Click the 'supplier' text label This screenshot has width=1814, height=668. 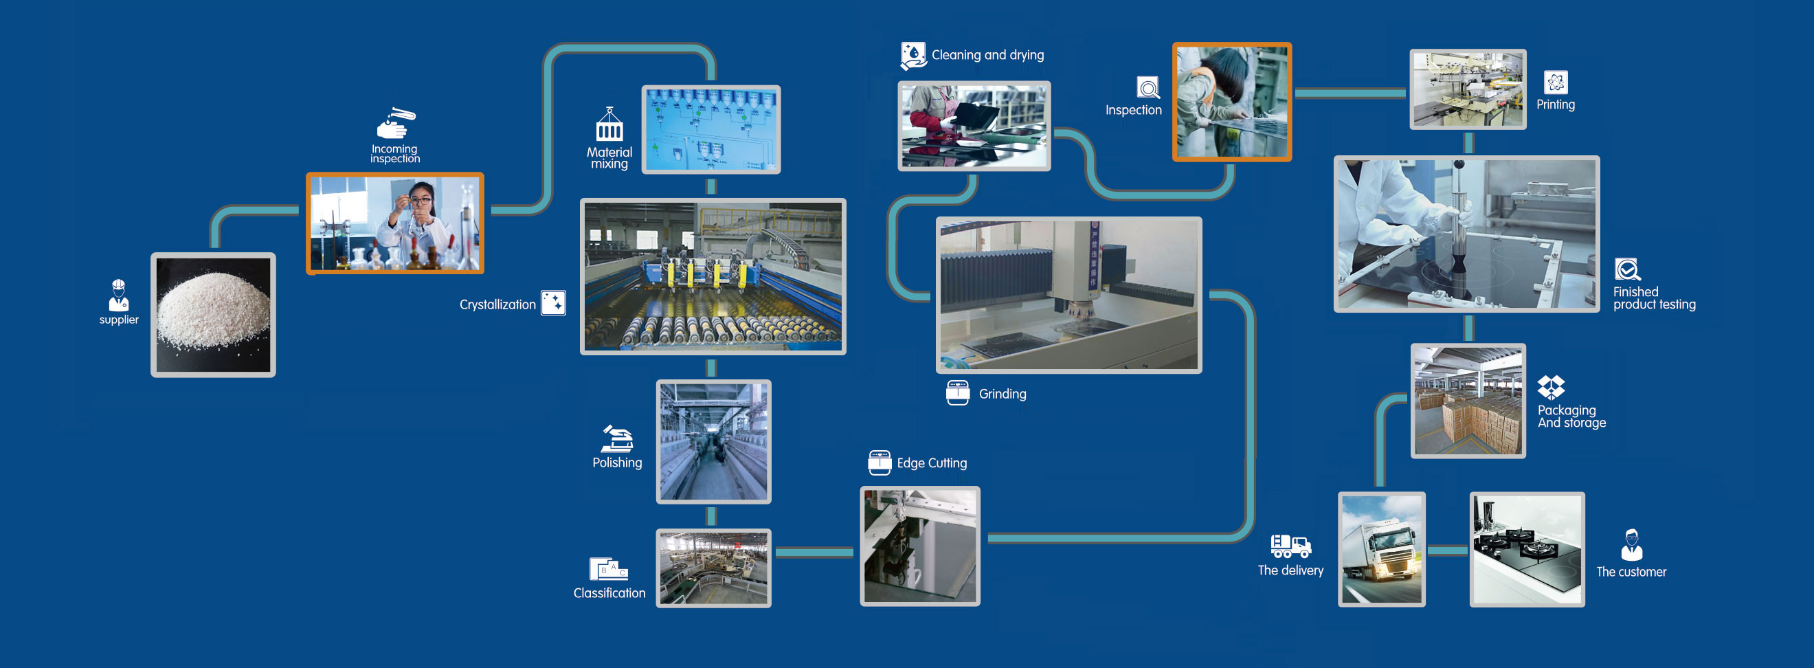coord(119,320)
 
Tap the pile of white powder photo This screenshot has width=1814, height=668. coord(214,315)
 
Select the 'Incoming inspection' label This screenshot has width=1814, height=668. coord(395,154)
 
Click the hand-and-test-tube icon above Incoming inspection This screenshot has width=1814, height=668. coord(396,122)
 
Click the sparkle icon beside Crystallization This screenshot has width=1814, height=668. coord(554,303)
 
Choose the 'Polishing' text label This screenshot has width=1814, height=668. coord(618,463)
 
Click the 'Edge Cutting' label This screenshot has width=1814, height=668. coord(932,464)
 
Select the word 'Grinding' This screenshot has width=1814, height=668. coord(1003,394)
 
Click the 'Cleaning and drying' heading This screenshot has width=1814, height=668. coord(988,55)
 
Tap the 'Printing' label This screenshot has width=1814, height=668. coord(1556,105)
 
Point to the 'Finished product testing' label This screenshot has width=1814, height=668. coord(1655,298)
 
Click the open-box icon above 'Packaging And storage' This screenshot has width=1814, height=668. coord(1551,387)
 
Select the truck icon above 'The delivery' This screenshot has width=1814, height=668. coord(1291,546)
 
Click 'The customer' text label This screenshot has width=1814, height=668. coord(1632,572)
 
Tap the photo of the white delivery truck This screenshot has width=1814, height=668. coord(1382,550)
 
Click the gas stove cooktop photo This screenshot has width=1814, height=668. coord(1527,550)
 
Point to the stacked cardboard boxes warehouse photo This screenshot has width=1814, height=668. coord(1468,401)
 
